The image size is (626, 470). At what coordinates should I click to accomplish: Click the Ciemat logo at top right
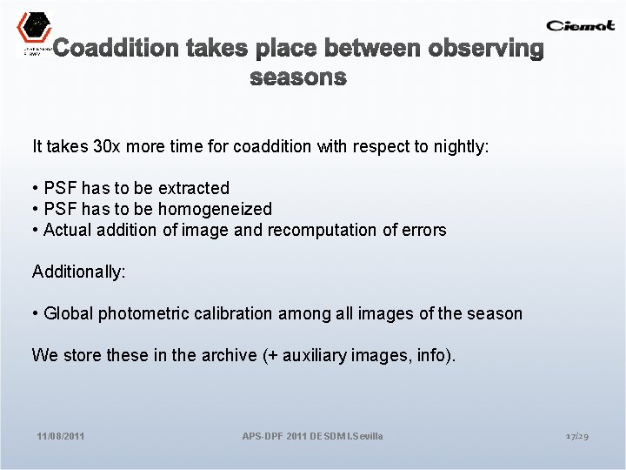pyautogui.click(x=580, y=25)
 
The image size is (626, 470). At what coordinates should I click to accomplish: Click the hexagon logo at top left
pyautogui.click(x=34, y=28)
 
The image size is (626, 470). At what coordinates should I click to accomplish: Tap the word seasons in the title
pyautogui.click(x=298, y=77)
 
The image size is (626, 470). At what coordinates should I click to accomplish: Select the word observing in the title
pyautogui.click(x=486, y=49)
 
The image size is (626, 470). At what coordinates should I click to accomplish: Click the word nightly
pyautogui.click(x=460, y=146)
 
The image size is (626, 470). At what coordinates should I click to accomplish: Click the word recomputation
pyautogui.click(x=346, y=230)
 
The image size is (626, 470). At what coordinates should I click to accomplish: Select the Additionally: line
pyautogui.click(x=79, y=272)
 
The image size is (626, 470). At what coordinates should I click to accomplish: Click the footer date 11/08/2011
pyautogui.click(x=61, y=435)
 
